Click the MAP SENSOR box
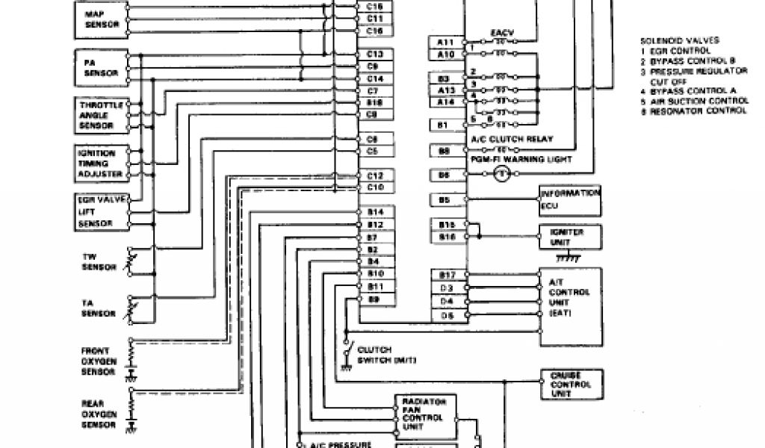(100, 20)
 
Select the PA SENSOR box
(100, 67)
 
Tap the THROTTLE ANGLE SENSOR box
(100, 115)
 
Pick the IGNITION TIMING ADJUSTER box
(100, 163)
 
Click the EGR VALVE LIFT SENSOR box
(100, 211)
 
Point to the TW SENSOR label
(99, 262)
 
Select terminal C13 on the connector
(375, 55)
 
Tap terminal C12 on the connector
(375, 175)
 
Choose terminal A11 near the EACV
(445, 43)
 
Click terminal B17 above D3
(445, 275)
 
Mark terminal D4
(445, 302)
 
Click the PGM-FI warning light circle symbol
(502, 174)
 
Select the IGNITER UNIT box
(570, 237)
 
